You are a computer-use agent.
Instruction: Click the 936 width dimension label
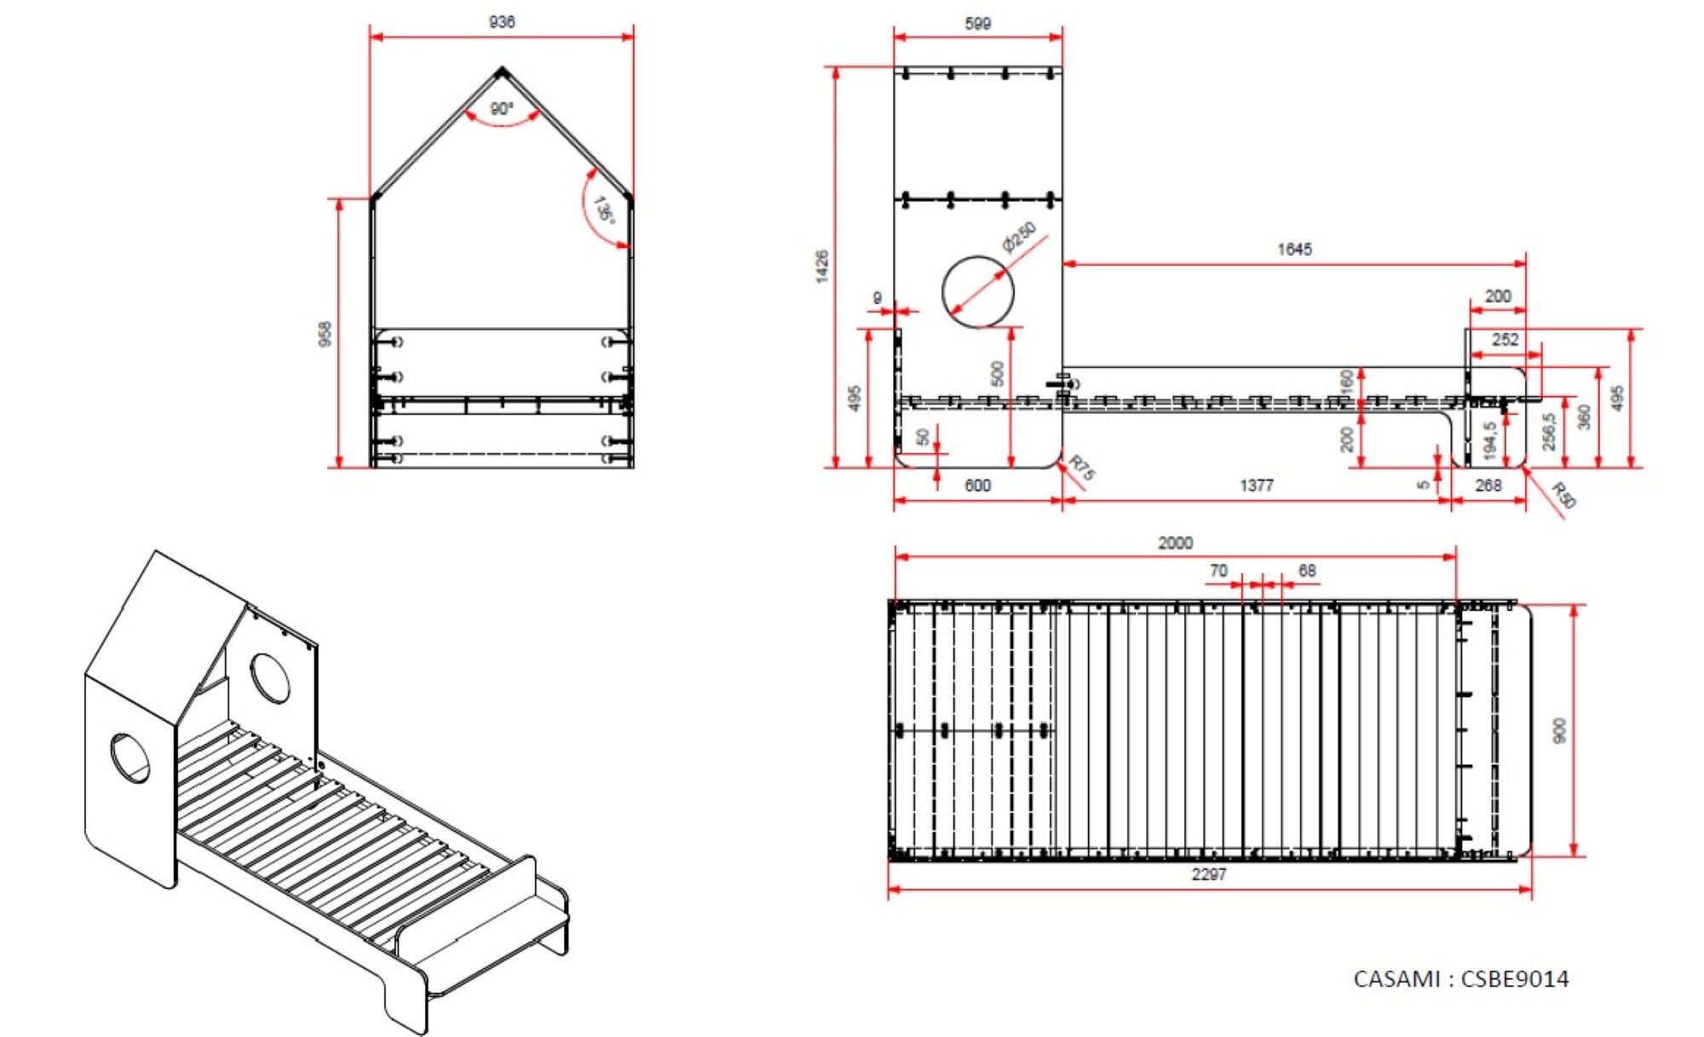[x=502, y=21]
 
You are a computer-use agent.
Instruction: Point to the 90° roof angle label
[x=502, y=109]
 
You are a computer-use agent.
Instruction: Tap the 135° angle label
[x=604, y=210]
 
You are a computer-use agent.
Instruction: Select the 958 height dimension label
[x=324, y=334]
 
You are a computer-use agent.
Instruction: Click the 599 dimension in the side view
[x=978, y=23]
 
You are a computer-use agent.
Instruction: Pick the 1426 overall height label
[x=822, y=267]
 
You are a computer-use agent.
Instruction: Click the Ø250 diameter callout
[x=1020, y=237]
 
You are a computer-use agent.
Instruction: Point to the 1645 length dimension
[x=1294, y=249]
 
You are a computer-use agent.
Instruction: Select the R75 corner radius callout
[x=1082, y=467]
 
